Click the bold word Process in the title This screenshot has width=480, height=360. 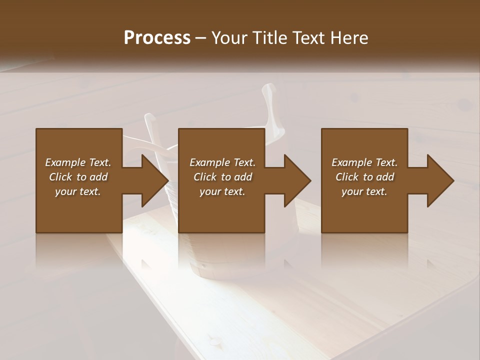coord(157,37)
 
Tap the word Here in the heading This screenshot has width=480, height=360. coord(349,37)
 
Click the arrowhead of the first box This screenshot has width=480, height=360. coord(152,180)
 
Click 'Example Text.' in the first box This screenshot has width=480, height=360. coord(78,162)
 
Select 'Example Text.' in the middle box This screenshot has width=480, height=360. coord(222,162)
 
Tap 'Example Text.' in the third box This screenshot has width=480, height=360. coord(364,162)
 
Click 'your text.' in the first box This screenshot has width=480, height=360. coord(78,191)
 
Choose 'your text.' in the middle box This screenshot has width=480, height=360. coord(222,191)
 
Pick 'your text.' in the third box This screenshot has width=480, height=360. coord(364,191)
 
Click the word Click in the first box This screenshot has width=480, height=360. coord(60,177)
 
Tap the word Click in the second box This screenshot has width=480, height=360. coord(205,177)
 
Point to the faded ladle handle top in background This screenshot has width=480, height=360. coord(269,92)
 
